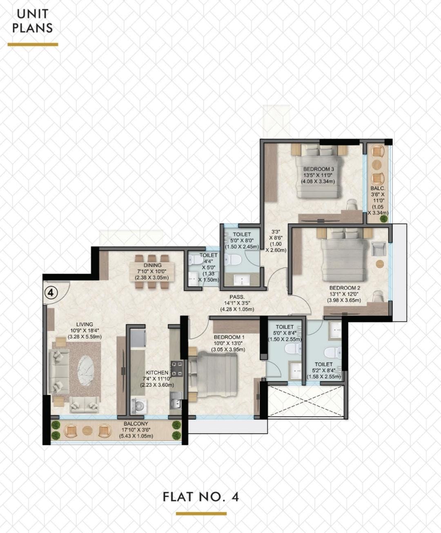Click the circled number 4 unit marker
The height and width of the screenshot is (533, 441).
[x=51, y=293]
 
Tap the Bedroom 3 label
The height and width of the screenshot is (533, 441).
[x=318, y=169]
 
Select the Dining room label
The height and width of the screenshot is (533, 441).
[x=153, y=265]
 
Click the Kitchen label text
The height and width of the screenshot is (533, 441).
[x=157, y=372]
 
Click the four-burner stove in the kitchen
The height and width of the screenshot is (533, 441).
[x=177, y=369]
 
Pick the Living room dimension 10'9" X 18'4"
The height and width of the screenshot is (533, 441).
[x=85, y=330]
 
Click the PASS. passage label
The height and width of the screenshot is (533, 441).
[x=237, y=297]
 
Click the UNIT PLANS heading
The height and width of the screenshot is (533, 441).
[x=32, y=21]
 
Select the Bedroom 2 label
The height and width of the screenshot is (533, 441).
[x=345, y=288]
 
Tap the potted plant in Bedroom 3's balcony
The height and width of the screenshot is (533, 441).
[x=383, y=219]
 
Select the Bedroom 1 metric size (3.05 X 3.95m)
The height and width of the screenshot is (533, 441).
[x=228, y=350]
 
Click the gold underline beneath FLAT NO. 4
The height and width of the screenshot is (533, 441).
[x=201, y=514]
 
